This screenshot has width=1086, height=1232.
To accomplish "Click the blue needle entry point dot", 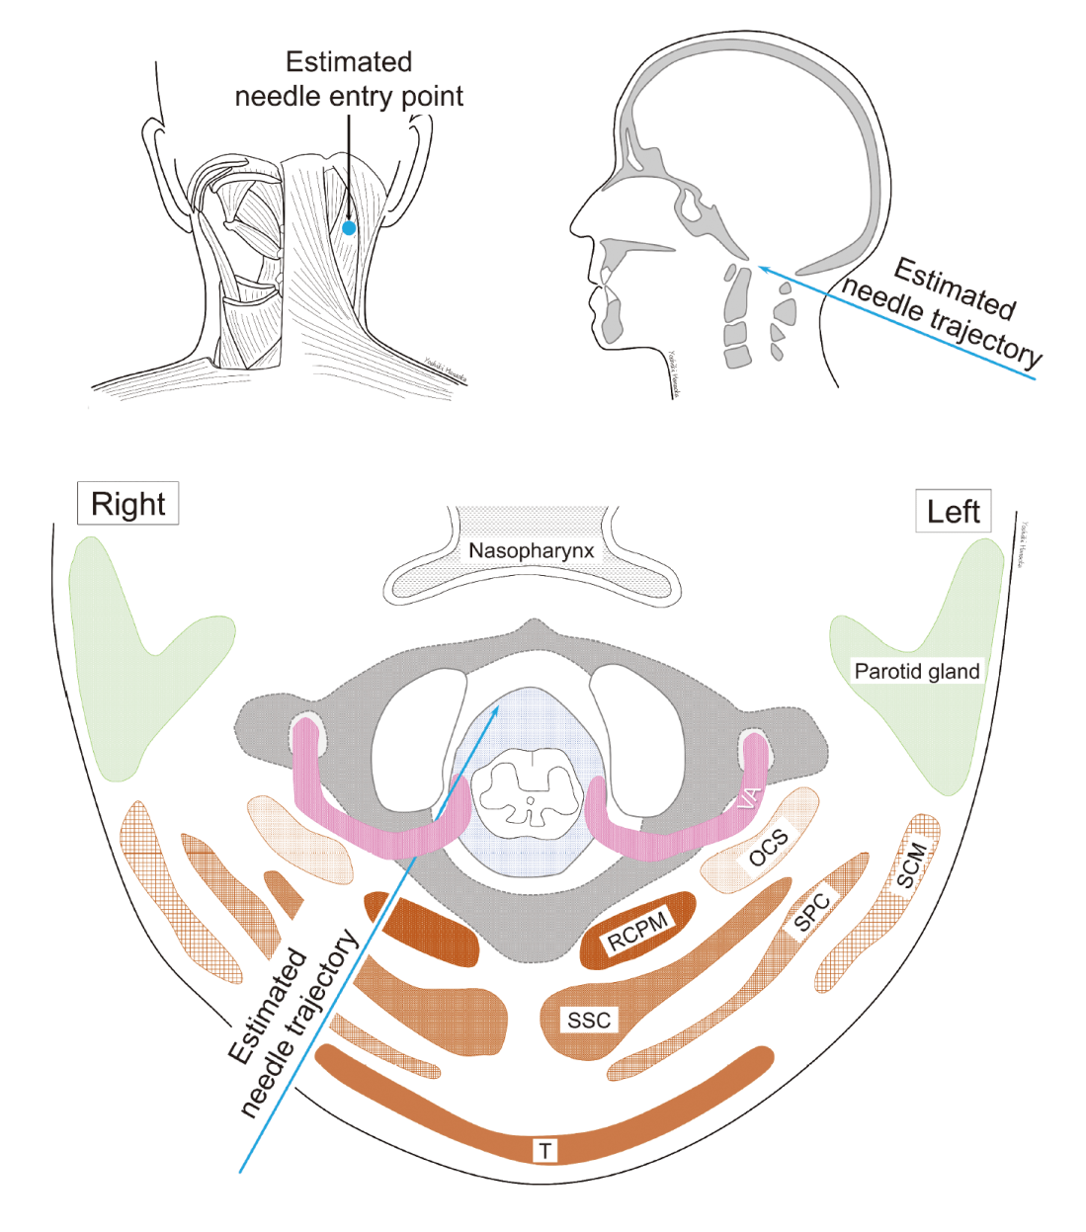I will click(x=349, y=228).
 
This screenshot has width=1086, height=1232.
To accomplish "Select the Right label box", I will click(x=127, y=504).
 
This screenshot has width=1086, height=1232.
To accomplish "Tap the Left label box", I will click(x=953, y=512).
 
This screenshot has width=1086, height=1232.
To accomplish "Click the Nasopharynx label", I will click(x=531, y=551).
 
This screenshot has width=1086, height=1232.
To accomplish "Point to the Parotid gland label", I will click(x=916, y=672).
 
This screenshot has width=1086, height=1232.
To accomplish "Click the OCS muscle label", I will click(x=768, y=848).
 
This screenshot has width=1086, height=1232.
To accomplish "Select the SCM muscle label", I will click(x=911, y=864).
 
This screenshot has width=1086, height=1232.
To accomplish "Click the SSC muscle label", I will click(x=589, y=1021).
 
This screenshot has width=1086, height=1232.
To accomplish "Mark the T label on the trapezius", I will click(x=545, y=1150).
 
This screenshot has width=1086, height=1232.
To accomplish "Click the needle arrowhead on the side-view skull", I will click(x=762, y=267).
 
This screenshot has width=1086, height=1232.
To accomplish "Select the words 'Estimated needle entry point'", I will click(x=349, y=79).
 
